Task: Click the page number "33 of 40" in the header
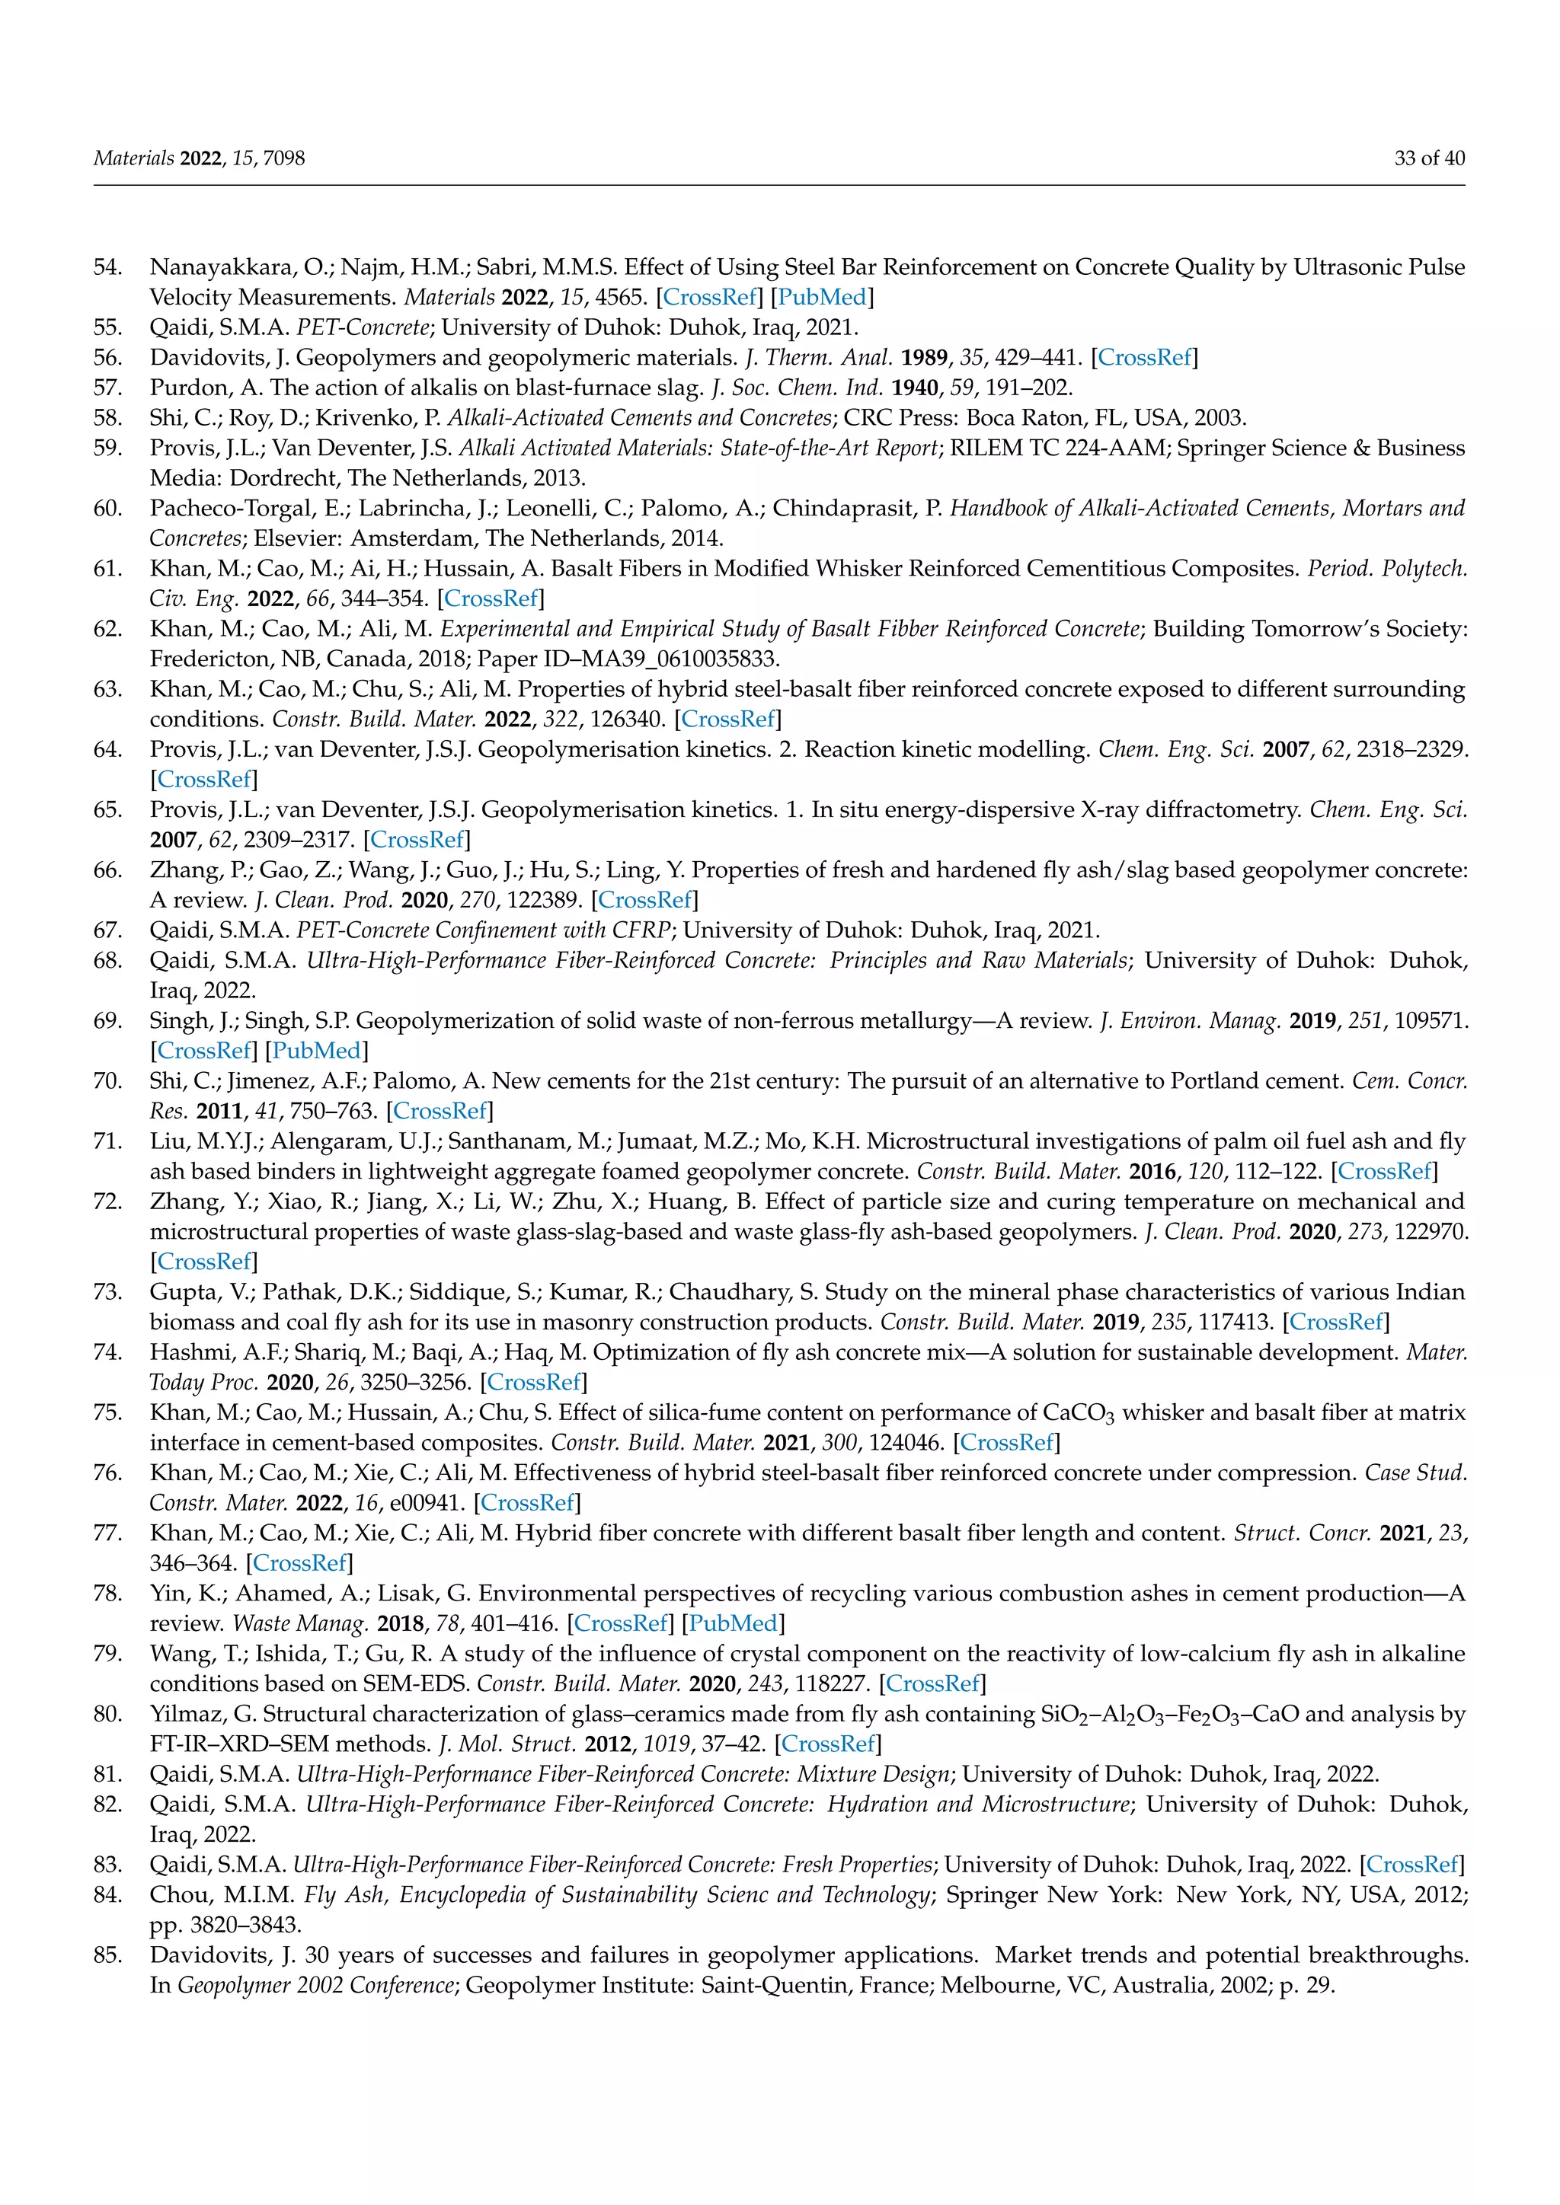[x=1429, y=158]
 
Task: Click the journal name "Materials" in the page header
[x=133, y=158]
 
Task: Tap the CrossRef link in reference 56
[x=1144, y=357]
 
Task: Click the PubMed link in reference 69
[x=317, y=1051]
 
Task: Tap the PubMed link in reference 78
[x=733, y=1623]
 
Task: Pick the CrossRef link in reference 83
[x=1412, y=1864]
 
